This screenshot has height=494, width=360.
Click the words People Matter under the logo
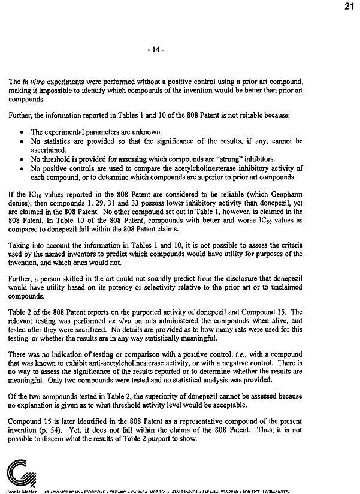click(17, 491)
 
